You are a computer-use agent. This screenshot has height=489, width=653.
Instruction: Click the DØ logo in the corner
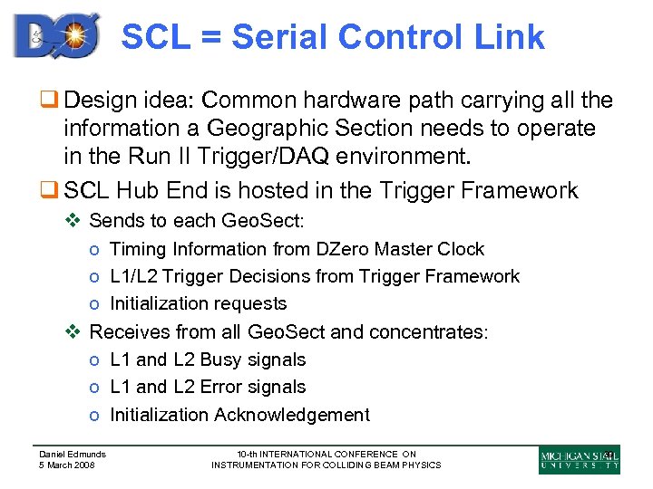(57, 35)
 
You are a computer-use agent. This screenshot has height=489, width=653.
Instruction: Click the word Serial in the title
(284, 37)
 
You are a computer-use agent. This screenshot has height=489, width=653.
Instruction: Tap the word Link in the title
(510, 37)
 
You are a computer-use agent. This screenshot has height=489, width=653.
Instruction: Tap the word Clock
(460, 249)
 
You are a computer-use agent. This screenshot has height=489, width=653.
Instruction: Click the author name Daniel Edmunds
(73, 455)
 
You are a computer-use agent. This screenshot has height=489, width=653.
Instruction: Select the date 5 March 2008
(67, 465)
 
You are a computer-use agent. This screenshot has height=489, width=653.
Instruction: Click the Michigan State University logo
(579, 460)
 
